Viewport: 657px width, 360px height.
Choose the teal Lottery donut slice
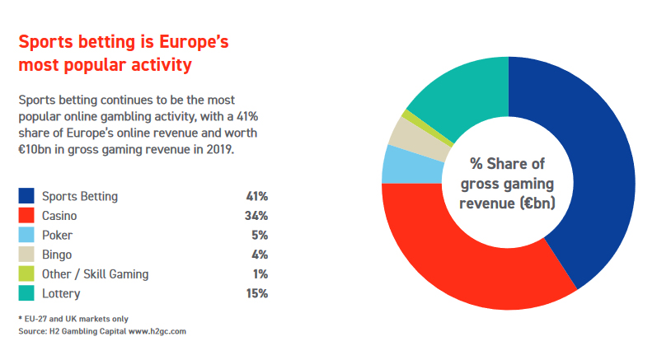coord(462,91)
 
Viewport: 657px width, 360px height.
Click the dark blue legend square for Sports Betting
coord(26,196)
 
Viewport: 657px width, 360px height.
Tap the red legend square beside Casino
coord(26,215)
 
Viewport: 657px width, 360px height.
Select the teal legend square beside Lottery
coord(26,293)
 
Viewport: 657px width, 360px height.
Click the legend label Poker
coord(57,235)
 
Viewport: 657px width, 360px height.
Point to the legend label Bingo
coord(57,255)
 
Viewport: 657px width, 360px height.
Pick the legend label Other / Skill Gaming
coord(95,274)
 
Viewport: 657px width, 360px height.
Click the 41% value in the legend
coord(256,196)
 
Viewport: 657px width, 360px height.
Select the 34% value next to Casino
coord(256,215)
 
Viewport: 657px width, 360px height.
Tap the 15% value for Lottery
coord(256,293)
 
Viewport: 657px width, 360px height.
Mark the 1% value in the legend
coord(260,274)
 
